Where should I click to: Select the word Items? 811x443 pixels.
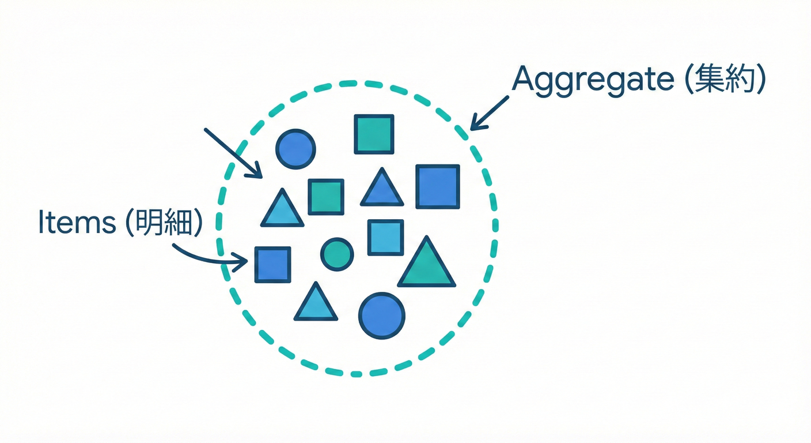pos(77,223)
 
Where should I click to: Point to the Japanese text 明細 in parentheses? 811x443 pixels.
pos(165,223)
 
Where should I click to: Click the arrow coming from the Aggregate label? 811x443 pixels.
pos(490,113)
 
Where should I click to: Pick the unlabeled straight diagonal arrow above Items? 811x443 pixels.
pos(232,152)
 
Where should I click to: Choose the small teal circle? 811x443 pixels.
pos(337,254)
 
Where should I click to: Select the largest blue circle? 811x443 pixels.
pos(381,316)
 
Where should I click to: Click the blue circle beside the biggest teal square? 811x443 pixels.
pos(295,149)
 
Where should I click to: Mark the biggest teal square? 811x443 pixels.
pos(374,134)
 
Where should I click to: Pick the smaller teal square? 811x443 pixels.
pos(326,197)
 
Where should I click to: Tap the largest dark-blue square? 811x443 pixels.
pos(438,186)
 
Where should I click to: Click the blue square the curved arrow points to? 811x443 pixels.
pos(272,265)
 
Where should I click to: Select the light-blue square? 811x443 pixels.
pos(385,237)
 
